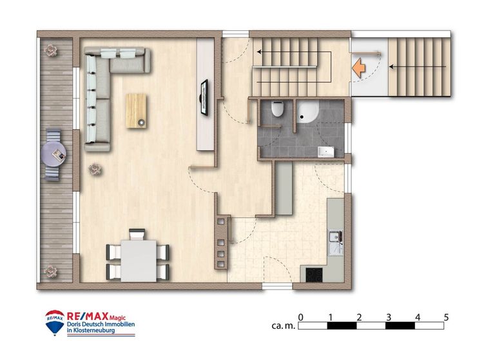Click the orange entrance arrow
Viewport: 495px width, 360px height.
(358, 68)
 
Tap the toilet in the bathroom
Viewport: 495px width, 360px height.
(278, 109)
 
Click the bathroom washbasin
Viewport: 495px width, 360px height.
(325, 152)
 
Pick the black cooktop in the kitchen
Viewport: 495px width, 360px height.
(315, 275)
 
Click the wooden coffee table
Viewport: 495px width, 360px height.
(136, 111)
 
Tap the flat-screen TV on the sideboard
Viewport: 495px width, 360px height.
(204, 97)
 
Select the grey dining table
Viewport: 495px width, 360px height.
(139, 261)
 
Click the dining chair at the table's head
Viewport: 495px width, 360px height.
(137, 235)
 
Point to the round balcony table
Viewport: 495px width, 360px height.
(53, 154)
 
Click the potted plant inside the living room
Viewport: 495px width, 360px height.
(95, 170)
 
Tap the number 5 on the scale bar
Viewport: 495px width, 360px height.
(446, 317)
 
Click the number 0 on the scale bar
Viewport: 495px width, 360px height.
(300, 317)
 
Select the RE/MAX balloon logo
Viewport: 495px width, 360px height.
(55, 323)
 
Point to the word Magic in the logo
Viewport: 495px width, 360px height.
(117, 318)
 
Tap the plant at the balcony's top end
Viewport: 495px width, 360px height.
(50, 50)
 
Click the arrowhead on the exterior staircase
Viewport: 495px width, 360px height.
(391, 66)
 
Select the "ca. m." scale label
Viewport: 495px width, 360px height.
(283, 326)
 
